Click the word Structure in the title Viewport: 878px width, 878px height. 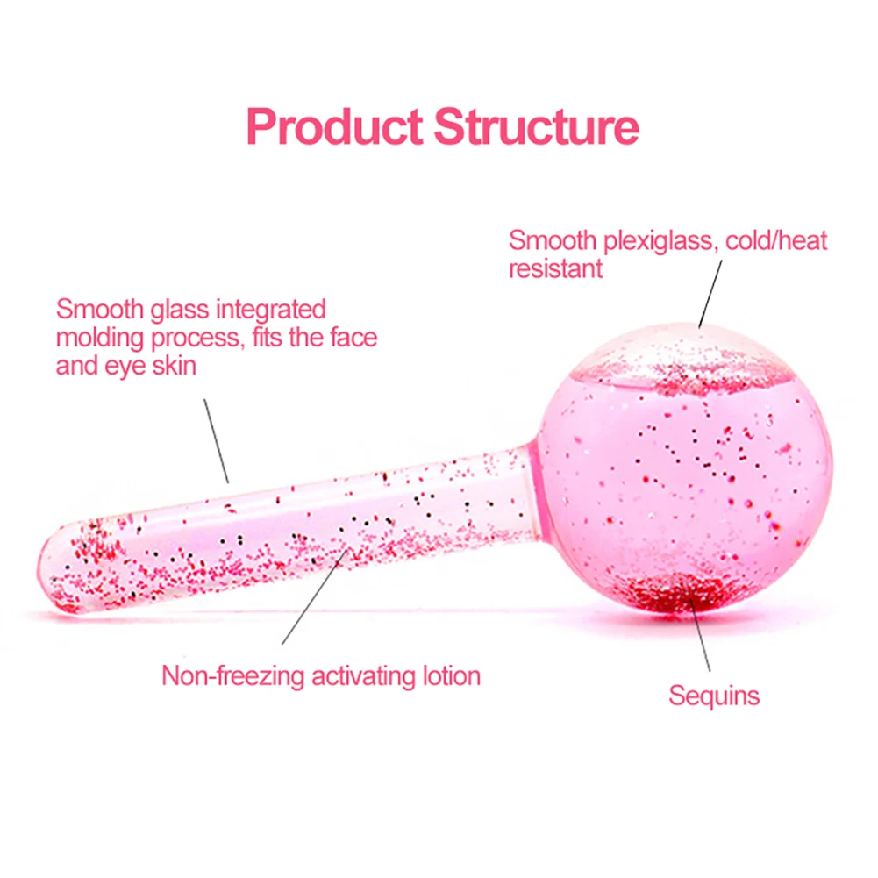click(x=536, y=127)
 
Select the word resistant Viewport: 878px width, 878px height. click(x=555, y=268)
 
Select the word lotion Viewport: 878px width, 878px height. click(x=451, y=676)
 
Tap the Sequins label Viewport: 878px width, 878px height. click(x=713, y=696)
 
